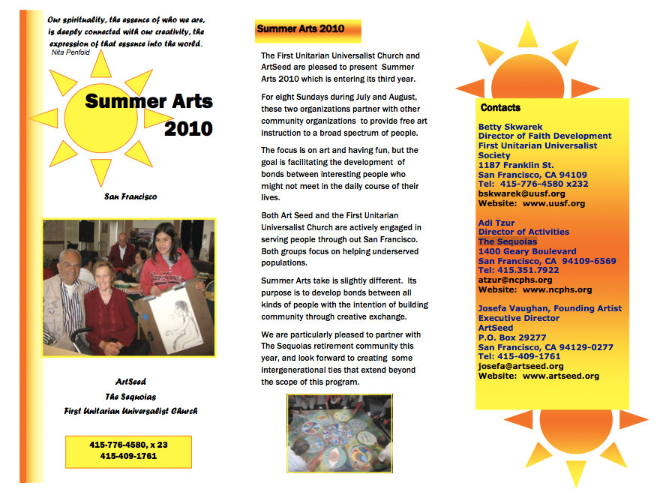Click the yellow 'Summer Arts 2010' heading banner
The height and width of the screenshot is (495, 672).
[307, 30]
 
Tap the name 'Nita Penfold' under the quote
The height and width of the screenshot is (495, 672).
[70, 52]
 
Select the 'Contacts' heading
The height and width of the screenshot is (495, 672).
[501, 108]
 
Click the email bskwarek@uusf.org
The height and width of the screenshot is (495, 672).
[522, 193]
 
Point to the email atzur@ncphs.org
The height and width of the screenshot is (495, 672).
[515, 280]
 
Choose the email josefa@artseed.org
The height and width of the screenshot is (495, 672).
[520, 366]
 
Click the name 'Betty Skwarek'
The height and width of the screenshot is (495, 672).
[511, 127]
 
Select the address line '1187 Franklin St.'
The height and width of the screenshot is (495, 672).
[516, 165]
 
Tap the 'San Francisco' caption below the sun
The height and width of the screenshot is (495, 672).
[130, 196]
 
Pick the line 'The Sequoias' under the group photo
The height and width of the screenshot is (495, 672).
[130, 396]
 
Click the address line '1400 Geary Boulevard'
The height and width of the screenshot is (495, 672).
[527, 251]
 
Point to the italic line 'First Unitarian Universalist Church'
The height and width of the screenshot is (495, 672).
[130, 411]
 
